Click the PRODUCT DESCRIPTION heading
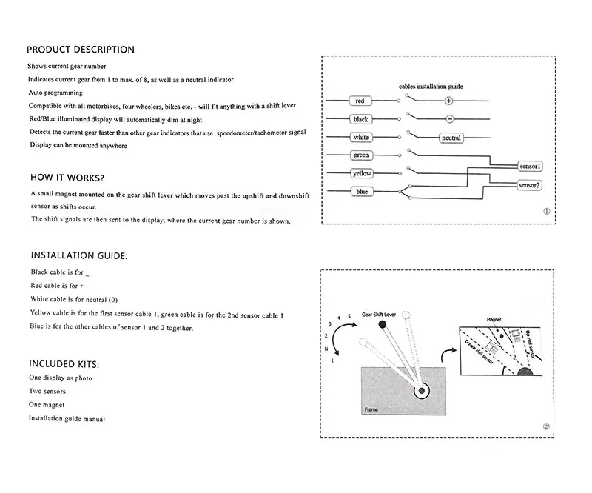[80, 50]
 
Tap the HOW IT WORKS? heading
[67, 178]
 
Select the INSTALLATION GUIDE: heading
[79, 255]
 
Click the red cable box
[360, 101]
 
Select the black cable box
[360, 119]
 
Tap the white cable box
[360, 138]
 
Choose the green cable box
[360, 155]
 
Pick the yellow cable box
[362, 173]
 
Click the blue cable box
[361, 192]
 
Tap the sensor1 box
[530, 167]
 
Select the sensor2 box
[529, 185]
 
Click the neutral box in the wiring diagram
[451, 138]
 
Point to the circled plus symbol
[448, 101]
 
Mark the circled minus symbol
[448, 119]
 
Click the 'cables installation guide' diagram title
[431, 87]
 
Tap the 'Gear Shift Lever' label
[379, 315]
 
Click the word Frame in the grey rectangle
[371, 409]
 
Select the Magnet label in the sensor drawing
[494, 321]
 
